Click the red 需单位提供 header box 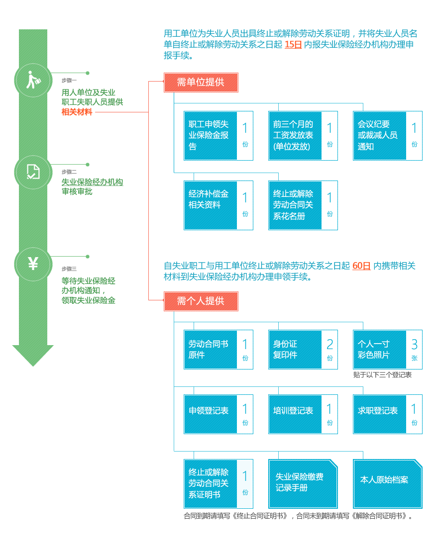click(x=201, y=83)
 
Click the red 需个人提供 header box click(x=201, y=301)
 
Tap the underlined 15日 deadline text click(x=293, y=44)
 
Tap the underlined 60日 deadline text click(x=361, y=266)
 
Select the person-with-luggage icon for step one click(x=33, y=80)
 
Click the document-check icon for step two click(x=33, y=172)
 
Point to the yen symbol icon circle click(x=33, y=264)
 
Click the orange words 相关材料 click(x=77, y=112)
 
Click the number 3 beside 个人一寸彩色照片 click(x=414, y=345)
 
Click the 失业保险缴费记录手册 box click(x=302, y=483)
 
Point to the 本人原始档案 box click(x=387, y=483)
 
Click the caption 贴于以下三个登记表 click(x=382, y=375)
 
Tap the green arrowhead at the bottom click(x=33, y=355)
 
